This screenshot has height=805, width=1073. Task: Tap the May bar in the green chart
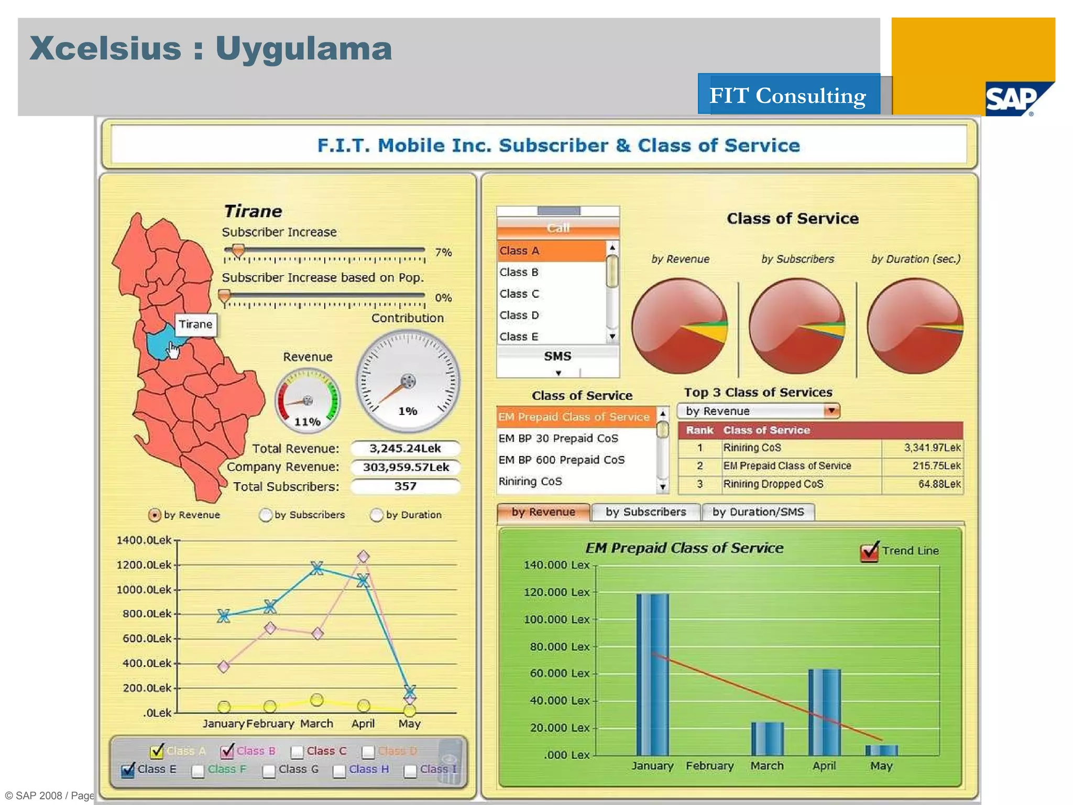881,750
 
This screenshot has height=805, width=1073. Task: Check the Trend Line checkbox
869,551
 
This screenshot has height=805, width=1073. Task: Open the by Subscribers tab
645,512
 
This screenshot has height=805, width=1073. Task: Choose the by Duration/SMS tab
758,512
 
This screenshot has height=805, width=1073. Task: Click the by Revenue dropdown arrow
831,411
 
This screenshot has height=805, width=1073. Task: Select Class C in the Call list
519,294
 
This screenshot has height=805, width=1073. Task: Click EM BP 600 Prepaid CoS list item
561,460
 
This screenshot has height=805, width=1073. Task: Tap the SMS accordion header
557,356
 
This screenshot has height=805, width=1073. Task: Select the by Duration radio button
376,515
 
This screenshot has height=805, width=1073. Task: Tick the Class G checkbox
269,770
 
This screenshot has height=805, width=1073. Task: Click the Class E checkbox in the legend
127,770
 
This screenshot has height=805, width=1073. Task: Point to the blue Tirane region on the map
157,343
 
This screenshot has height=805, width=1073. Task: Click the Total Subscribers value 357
406,486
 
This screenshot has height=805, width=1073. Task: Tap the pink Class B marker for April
363,556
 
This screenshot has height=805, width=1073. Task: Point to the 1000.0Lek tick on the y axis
177,590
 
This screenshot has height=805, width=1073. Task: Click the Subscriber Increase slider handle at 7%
238,251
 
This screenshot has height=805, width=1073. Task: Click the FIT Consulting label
787,95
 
